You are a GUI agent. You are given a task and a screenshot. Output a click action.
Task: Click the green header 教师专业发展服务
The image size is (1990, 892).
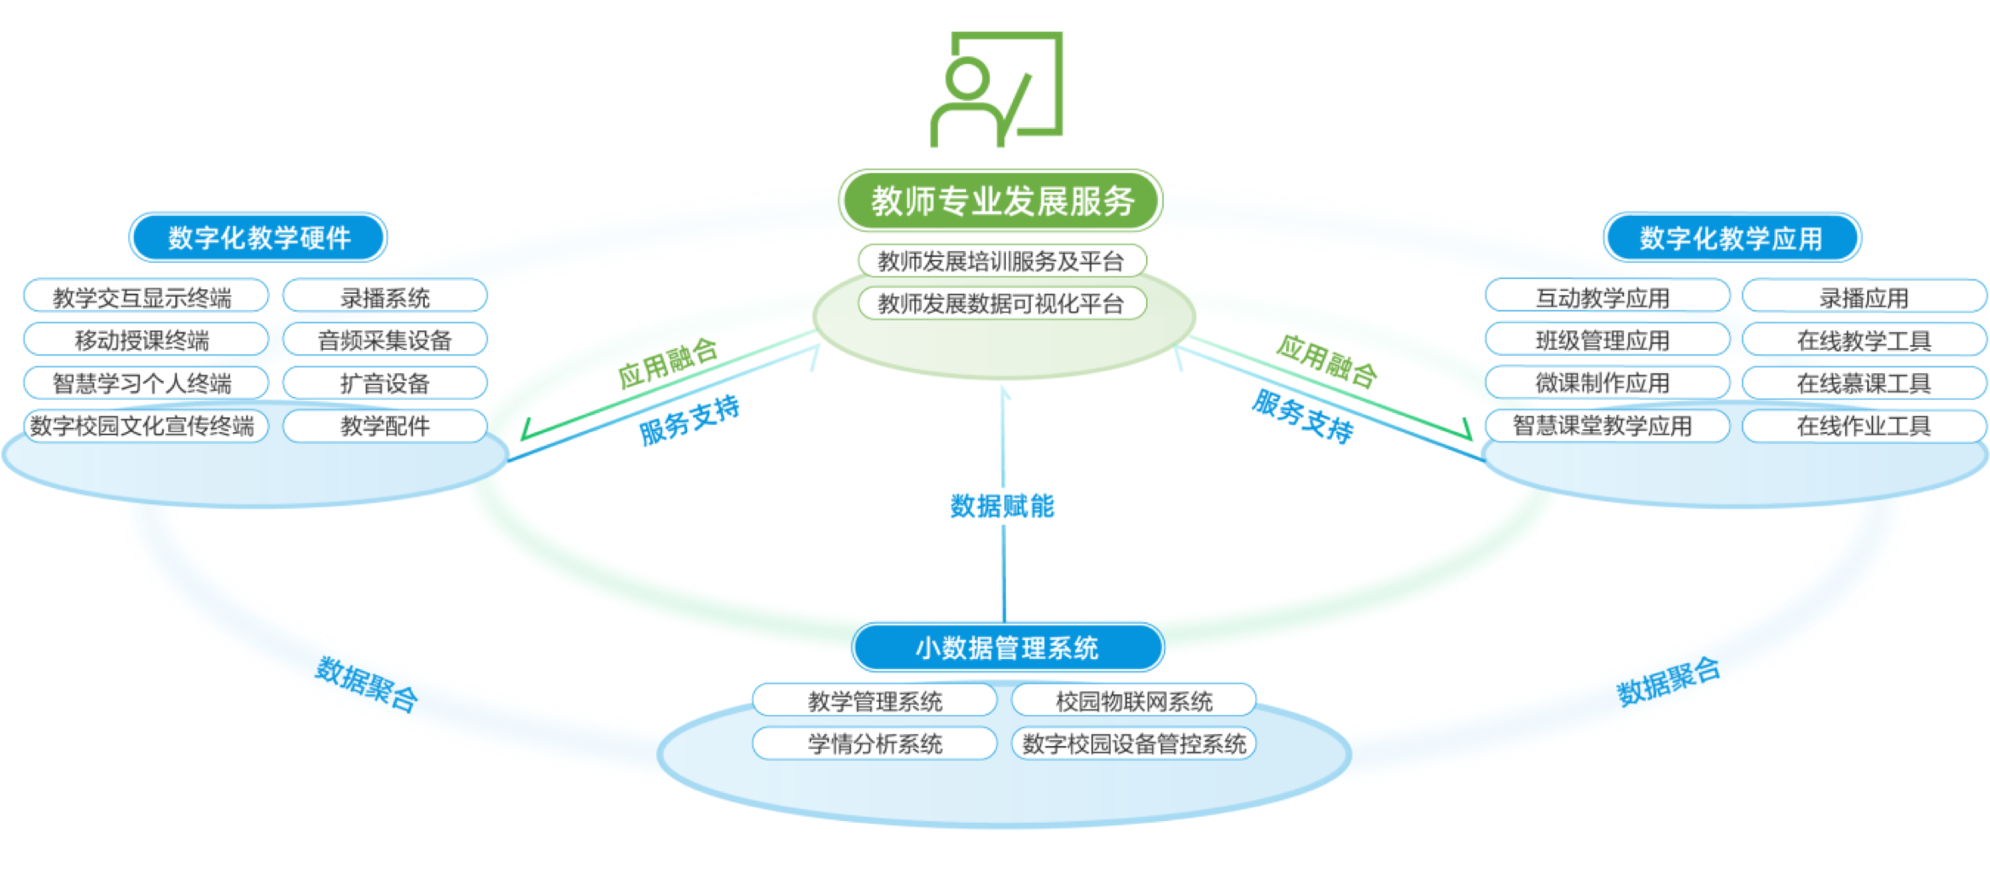[x=1001, y=201]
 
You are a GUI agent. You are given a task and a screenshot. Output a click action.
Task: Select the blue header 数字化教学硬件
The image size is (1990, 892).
[x=258, y=238]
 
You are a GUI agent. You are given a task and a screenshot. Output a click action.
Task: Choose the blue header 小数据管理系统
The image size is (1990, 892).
[x=1007, y=648]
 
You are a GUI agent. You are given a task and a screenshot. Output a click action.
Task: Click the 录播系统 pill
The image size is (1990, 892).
[x=385, y=297]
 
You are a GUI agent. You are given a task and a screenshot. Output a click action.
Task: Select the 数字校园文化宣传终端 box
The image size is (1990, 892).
[x=143, y=425]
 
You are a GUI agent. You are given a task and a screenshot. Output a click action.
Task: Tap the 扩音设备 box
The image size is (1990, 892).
[x=385, y=382]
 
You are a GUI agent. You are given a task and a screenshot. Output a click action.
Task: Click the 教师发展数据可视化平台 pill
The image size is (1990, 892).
[x=1001, y=303]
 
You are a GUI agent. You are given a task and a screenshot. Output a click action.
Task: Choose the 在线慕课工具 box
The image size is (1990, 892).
[x=1864, y=382]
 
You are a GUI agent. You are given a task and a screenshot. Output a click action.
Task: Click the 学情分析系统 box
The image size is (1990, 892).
[x=875, y=743]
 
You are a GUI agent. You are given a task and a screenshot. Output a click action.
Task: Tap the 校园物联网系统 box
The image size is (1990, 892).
[x=1133, y=701]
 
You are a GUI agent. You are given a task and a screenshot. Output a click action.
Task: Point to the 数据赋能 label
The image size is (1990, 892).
[x=1003, y=506]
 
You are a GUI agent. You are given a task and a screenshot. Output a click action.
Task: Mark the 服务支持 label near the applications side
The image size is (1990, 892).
[x=1302, y=416]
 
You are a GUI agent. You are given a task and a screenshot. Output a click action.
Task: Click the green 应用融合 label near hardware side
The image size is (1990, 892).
[x=667, y=363]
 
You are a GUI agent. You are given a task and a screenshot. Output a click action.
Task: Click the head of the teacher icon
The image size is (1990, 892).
[x=967, y=78]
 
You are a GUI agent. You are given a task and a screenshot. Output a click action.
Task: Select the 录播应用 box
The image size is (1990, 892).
[x=1864, y=297]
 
